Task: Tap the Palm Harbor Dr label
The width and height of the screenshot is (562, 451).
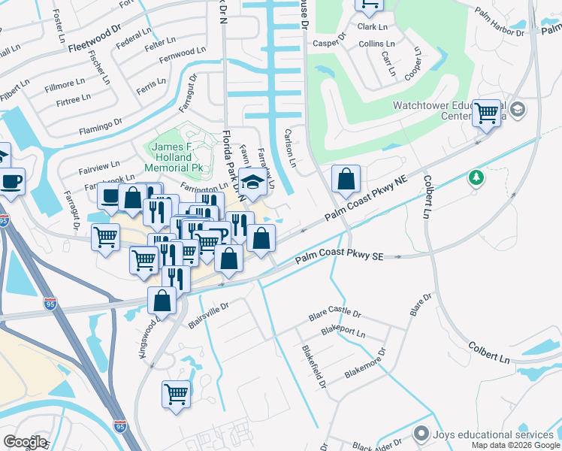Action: coord(500,23)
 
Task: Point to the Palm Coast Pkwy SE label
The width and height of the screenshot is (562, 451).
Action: coord(339,258)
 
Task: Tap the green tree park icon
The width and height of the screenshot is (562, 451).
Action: coord(475,177)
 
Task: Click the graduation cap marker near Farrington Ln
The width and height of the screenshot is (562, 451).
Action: coord(253,183)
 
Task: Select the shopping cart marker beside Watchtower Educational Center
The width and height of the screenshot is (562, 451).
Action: coord(488,114)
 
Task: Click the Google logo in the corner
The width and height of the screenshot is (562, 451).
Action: coord(25,441)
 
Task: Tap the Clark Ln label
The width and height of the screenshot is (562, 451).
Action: coord(372,26)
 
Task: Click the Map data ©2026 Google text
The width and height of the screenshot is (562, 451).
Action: coord(515,445)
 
